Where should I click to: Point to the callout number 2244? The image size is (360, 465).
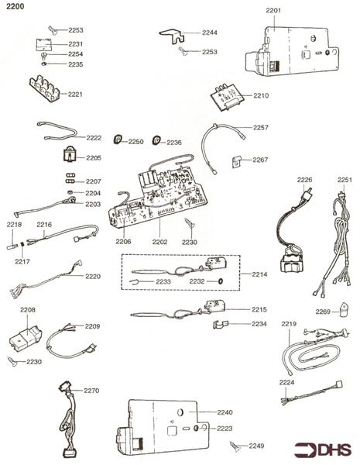[210, 33]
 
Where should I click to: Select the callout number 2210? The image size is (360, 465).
[261, 96]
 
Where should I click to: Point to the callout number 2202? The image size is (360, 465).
[159, 242]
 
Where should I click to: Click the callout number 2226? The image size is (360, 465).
[304, 180]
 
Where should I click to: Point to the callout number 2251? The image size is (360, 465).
[345, 180]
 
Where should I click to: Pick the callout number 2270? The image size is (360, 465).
[92, 391]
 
